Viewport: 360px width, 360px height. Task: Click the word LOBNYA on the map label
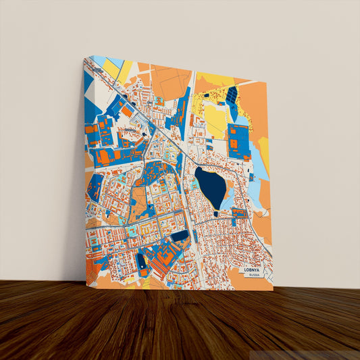[255, 269]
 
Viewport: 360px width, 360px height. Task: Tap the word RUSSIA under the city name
[255, 275]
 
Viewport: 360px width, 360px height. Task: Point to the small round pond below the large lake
[215, 214]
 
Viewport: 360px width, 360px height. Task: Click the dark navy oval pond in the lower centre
[180, 236]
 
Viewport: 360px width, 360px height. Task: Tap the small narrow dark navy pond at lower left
[140, 260]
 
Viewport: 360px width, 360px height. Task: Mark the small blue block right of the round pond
[239, 213]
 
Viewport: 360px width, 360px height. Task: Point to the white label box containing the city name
[255, 272]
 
